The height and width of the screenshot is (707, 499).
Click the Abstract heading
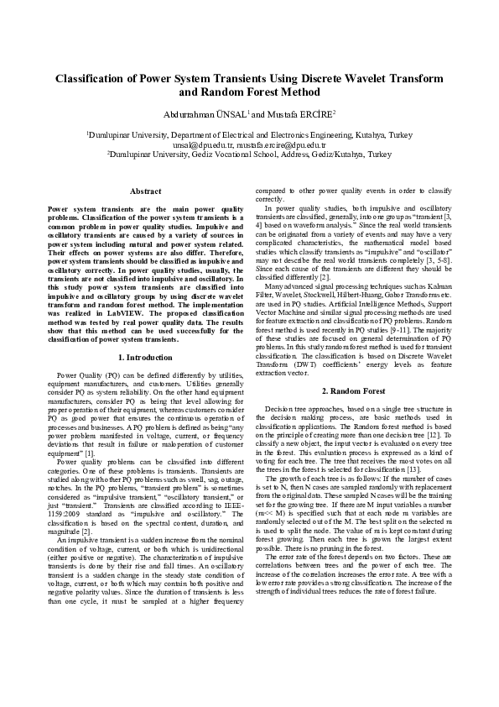[145, 191]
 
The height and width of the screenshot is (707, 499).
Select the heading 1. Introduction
[145, 358]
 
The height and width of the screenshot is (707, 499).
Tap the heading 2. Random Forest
[353, 391]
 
